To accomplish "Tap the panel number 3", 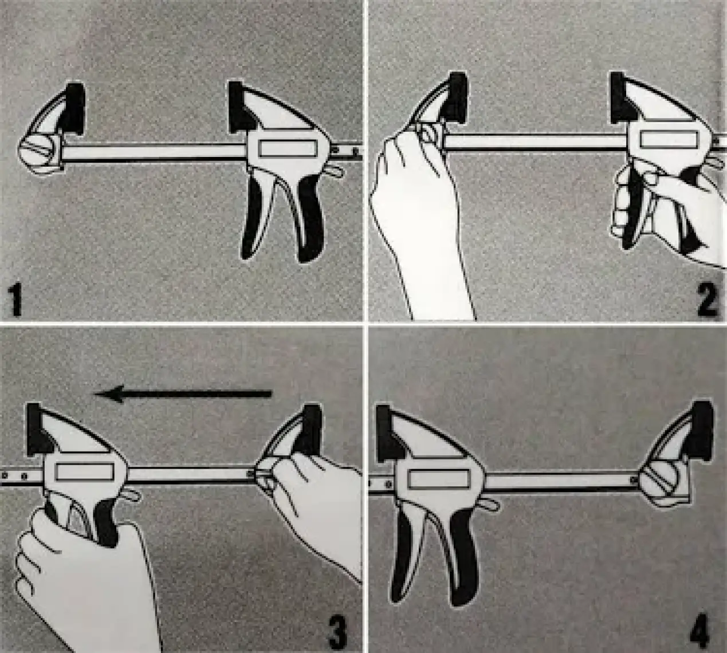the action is [337, 631].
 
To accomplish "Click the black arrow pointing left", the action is [182, 394].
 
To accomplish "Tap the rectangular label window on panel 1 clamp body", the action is [288, 148].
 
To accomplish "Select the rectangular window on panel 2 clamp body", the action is [670, 140].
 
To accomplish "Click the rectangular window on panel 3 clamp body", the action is [85, 472].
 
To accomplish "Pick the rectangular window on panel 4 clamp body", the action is [440, 479].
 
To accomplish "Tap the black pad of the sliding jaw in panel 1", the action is [241, 108].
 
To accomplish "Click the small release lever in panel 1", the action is [335, 171].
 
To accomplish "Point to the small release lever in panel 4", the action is [489, 505].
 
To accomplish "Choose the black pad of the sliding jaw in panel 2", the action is [623, 97].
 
